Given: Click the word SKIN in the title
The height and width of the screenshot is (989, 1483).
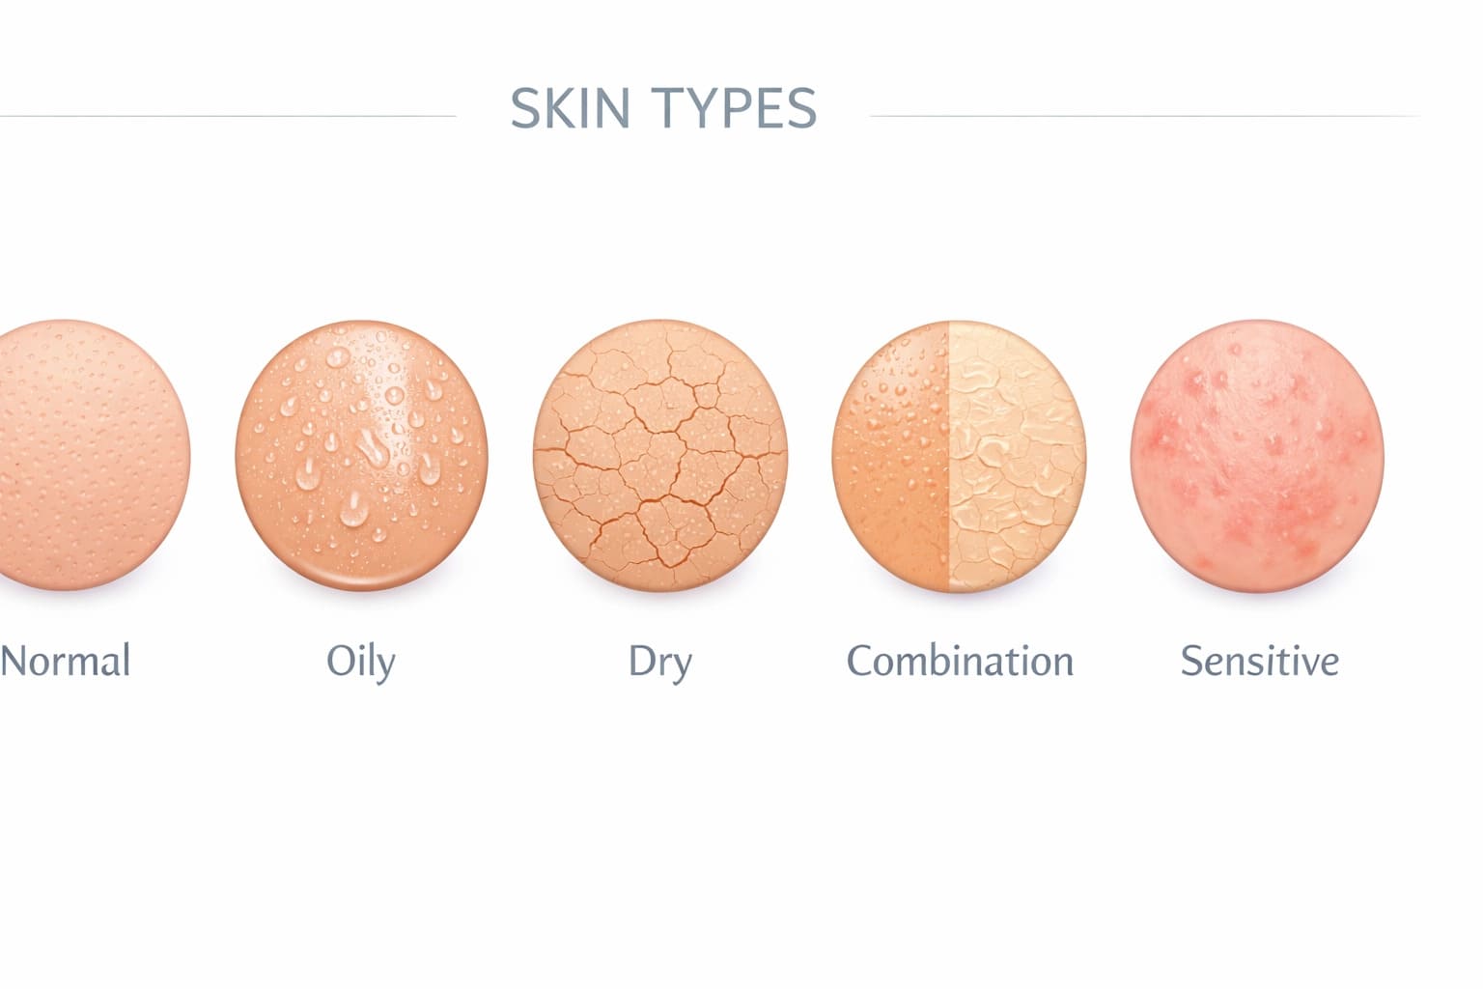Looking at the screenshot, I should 570,108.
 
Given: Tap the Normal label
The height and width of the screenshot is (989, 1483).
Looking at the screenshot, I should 65,662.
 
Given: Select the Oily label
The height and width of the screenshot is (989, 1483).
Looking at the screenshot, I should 361,663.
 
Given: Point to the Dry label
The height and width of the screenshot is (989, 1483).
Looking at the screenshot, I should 659,663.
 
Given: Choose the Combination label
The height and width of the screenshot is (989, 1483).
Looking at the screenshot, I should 960,662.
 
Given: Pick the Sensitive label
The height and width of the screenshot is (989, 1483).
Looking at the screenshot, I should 1259,662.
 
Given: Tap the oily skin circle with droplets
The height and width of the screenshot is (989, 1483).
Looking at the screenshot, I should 361,455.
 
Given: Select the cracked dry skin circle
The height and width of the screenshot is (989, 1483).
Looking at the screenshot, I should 660,455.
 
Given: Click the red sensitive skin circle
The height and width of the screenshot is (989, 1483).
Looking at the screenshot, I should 1257,455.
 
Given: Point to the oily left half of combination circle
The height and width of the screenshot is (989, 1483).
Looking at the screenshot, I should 893,455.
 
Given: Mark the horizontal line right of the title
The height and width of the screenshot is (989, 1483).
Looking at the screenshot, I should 1144,116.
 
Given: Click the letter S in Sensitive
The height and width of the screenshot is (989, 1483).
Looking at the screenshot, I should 1191,662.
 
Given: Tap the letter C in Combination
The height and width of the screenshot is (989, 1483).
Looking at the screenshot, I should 858,662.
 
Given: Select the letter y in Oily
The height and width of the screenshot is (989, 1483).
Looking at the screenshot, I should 385,666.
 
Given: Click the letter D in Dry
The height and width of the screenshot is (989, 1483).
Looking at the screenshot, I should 642,662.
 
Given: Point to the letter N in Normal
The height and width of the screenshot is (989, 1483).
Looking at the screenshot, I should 13,662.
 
